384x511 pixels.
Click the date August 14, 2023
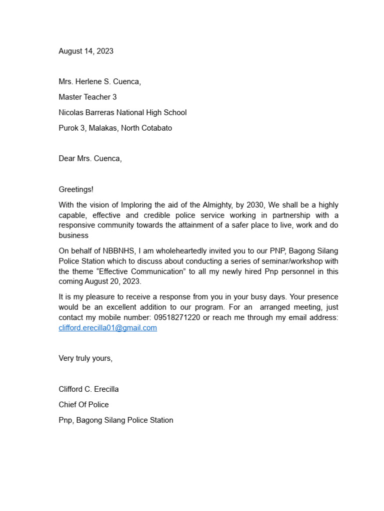[86, 51]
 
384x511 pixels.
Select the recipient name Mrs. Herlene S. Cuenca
[99, 82]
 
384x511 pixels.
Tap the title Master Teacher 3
[87, 97]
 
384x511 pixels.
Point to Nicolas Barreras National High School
[122, 112]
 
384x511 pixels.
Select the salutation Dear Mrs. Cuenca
[90, 158]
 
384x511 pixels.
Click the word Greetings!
[76, 189]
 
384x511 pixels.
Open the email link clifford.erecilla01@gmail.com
[107, 328]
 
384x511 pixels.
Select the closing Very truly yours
[85, 358]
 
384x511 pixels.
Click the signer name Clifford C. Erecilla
[88, 389]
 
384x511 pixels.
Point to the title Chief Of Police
[83, 404]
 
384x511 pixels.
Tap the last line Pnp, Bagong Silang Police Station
[115, 420]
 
